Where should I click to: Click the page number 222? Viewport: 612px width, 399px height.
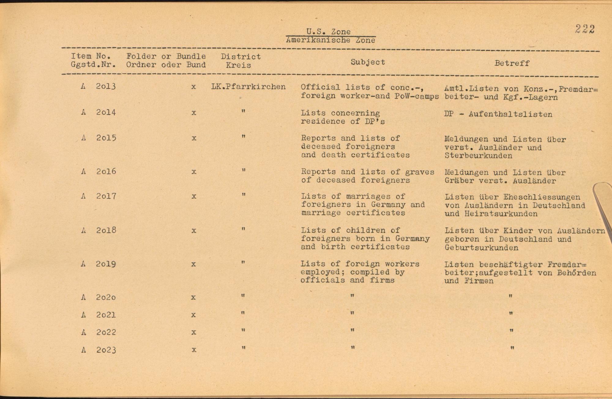pyautogui.click(x=585, y=29)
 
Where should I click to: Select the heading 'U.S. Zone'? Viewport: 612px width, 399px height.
pyautogui.click(x=328, y=32)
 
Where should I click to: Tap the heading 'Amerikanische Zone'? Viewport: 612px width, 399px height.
pyautogui.click(x=330, y=40)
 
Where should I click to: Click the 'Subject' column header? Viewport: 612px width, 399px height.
pyautogui.click(x=368, y=62)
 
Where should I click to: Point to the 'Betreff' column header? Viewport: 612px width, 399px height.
pyautogui.click(x=512, y=63)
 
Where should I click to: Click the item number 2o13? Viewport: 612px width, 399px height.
pyautogui.click(x=106, y=87)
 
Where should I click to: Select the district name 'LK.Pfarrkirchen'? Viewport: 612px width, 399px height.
pyautogui.click(x=248, y=87)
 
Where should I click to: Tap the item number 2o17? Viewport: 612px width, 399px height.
pyautogui.click(x=106, y=196)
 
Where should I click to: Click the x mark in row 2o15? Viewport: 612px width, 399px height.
pyautogui.click(x=194, y=138)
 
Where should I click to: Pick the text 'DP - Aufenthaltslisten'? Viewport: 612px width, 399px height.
pyautogui.click(x=498, y=115)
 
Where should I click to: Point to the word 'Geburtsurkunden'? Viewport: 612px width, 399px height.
pyautogui.click(x=481, y=248)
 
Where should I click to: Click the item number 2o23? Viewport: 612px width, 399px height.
pyautogui.click(x=106, y=350)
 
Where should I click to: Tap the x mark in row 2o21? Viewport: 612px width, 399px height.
pyautogui.click(x=193, y=315)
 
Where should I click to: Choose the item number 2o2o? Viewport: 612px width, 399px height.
pyautogui.click(x=106, y=297)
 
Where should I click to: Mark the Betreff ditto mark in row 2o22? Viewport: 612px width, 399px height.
pyautogui.click(x=511, y=331)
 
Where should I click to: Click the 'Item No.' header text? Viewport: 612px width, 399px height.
pyautogui.click(x=91, y=56)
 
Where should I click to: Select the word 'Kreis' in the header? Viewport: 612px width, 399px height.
pyautogui.click(x=238, y=65)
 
